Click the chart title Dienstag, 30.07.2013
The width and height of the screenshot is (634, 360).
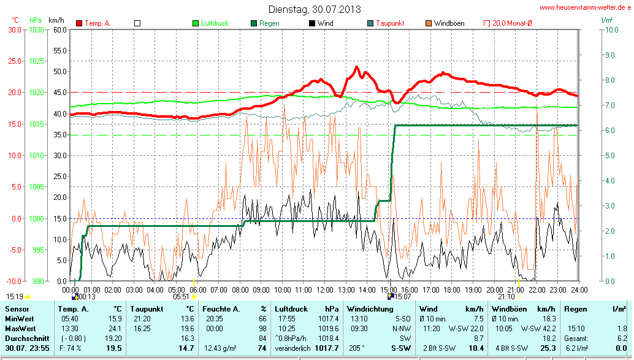tap(315, 9)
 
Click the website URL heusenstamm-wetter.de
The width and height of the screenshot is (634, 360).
tap(584, 7)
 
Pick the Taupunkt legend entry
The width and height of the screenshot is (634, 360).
tap(390, 23)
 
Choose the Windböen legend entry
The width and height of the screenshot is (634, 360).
tap(449, 23)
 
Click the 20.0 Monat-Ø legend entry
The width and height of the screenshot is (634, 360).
tap(512, 23)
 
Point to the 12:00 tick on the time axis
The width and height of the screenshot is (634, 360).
tap(324, 289)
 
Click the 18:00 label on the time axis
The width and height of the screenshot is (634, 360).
tap(451, 289)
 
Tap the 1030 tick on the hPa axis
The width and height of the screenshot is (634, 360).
tap(36, 29)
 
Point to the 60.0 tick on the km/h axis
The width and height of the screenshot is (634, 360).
tap(59, 29)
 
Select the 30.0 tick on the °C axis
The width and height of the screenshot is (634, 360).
tap(14, 29)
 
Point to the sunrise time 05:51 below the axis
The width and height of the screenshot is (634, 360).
tap(181, 296)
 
